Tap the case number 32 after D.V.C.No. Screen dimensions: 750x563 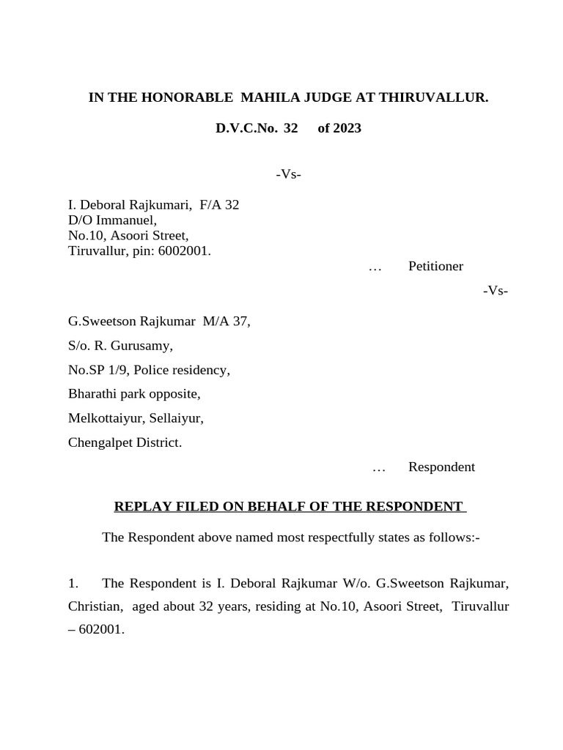coord(290,129)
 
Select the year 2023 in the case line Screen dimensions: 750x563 coord(346,129)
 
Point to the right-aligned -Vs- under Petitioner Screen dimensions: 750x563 coord(496,291)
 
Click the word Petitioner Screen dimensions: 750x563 coord(435,266)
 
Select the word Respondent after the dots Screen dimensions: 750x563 coord(441,467)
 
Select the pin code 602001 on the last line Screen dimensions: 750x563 coord(103,628)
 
